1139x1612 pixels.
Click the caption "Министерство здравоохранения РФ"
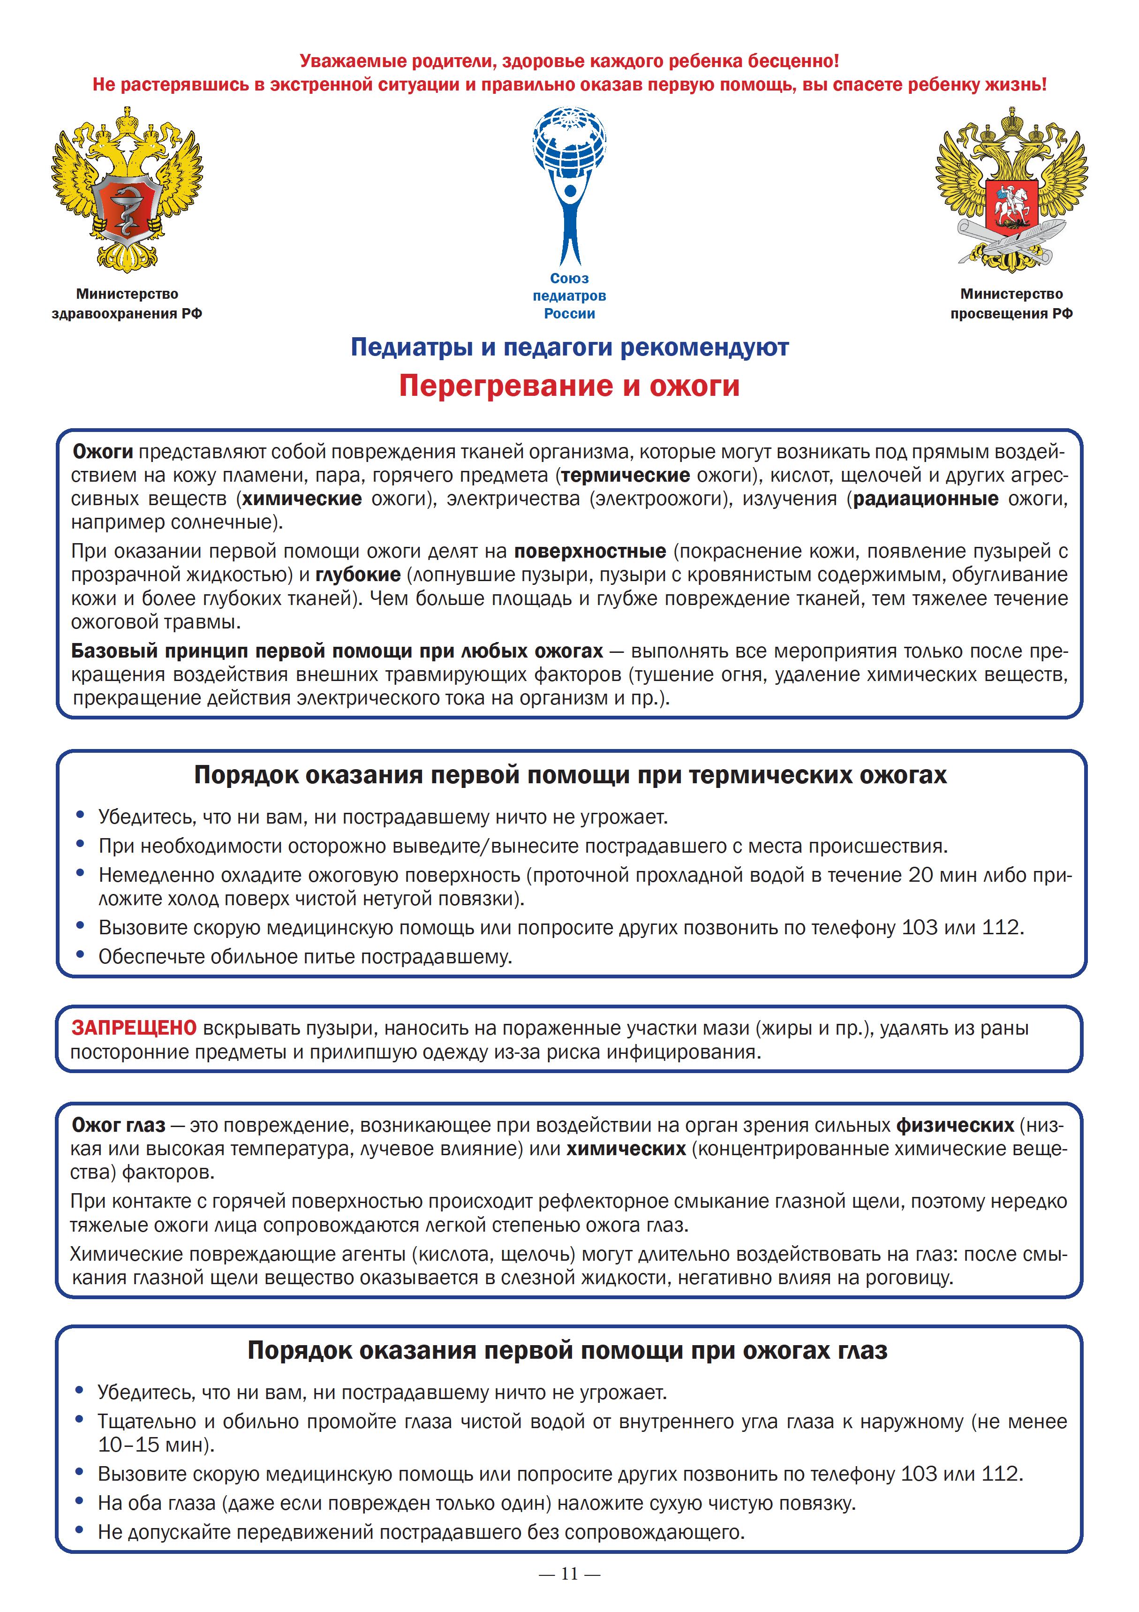(127, 303)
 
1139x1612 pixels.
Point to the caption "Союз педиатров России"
(569, 295)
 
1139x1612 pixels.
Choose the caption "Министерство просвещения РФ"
(1011, 303)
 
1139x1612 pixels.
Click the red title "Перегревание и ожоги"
(569, 386)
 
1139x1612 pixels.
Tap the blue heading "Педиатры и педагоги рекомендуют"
(569, 347)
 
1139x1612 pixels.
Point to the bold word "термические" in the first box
(625, 475)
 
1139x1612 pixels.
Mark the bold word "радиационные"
(925, 499)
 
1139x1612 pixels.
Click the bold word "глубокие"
(358, 575)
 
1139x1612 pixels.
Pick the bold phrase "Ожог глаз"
(119, 1126)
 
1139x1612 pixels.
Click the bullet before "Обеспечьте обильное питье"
(81, 955)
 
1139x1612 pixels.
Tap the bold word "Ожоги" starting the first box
(103, 452)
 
